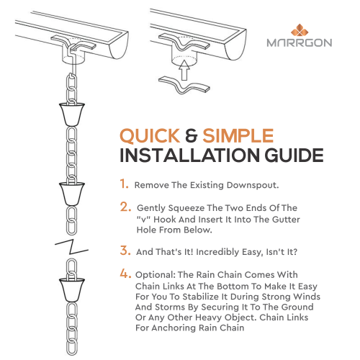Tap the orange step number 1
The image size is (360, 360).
[x=125, y=184]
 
